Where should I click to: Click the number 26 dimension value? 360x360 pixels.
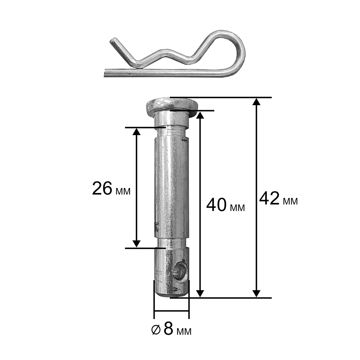(102, 188)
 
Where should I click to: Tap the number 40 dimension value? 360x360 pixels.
(216, 205)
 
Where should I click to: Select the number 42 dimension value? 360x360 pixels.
(269, 198)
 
